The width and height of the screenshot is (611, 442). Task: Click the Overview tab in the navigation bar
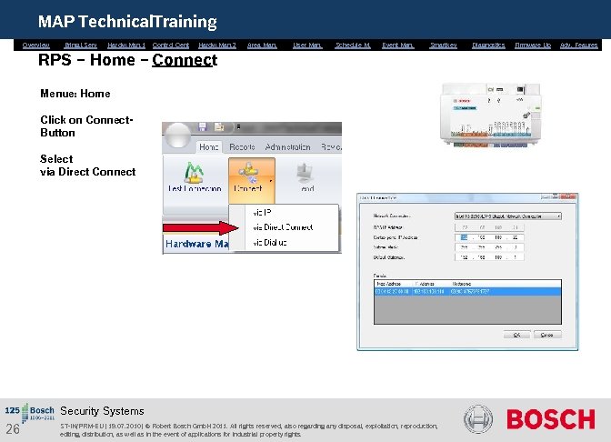coord(35,45)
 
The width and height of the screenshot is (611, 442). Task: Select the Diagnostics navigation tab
coord(488,45)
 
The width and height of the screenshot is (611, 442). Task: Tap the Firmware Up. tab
coord(533,45)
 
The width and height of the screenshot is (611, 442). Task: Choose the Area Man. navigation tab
coord(262,45)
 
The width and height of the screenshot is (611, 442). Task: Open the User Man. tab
coord(307,45)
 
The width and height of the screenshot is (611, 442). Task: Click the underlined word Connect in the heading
coord(185,60)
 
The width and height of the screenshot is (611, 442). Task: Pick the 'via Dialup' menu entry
coord(269,243)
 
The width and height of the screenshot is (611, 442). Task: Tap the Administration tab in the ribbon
coord(287,146)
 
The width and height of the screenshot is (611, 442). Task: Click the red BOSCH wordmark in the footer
coord(550,419)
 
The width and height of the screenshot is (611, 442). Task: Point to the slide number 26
coord(13,428)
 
